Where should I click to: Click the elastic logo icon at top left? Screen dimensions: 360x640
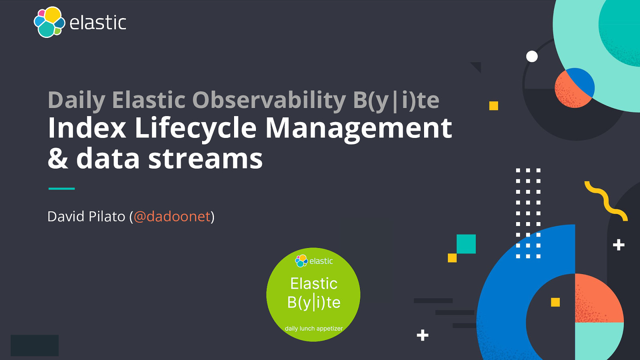coord(49,22)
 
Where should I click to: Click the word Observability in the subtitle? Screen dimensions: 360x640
coord(269,100)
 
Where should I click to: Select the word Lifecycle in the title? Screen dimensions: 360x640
coord(195,128)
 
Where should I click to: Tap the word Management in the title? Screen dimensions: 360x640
coord(358,128)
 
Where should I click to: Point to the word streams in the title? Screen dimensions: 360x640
coord(205,159)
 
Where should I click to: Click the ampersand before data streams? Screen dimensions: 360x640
coord(58,159)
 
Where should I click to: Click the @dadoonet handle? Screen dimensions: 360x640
coord(172,217)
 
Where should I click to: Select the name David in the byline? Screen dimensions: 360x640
coord(66,217)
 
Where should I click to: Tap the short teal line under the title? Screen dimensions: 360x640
coord(62,188)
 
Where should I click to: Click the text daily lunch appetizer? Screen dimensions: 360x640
coord(314,328)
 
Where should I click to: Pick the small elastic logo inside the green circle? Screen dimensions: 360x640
coord(301,261)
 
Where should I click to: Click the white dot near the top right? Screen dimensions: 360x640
coord(532,56)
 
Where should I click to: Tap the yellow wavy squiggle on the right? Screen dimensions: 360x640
coord(606,201)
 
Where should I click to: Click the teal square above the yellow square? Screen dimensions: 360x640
coord(466,244)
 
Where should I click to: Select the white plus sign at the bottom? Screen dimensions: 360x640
coord(422,335)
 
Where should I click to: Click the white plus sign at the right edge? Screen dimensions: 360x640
coord(618,245)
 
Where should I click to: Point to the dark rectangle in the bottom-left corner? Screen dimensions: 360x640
coord(35,346)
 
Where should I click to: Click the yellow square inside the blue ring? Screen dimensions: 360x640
coord(555,302)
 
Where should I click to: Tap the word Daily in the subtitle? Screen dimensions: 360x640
coord(76,100)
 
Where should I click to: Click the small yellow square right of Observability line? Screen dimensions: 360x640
coord(494,106)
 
